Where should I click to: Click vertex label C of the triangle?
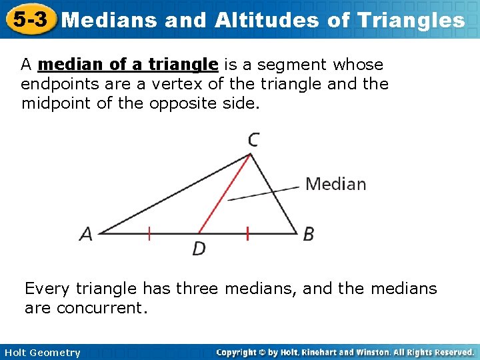pyautogui.click(x=253, y=139)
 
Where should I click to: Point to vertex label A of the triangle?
pyautogui.click(x=86, y=234)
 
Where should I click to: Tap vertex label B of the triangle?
pyautogui.click(x=309, y=234)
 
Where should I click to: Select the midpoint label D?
pyautogui.click(x=199, y=249)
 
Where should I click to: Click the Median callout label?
pyautogui.click(x=335, y=184)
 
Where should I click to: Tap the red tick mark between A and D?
pyautogui.click(x=149, y=233)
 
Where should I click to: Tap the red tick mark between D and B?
pyautogui.click(x=247, y=233)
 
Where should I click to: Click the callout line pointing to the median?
pyautogui.click(x=263, y=193)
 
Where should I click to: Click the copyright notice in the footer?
pyautogui.click(x=345, y=352)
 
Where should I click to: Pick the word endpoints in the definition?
pyautogui.click(x=53, y=85)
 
